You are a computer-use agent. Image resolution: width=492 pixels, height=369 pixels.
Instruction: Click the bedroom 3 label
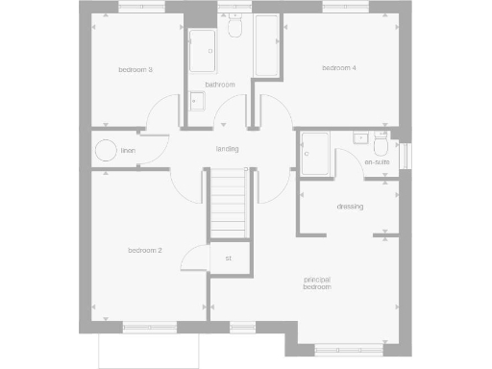click(x=135, y=69)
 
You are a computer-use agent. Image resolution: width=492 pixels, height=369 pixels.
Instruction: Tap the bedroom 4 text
click(x=338, y=68)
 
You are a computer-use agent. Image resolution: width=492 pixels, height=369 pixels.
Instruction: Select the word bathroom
click(x=220, y=85)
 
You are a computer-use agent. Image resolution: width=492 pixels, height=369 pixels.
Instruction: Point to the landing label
click(x=227, y=149)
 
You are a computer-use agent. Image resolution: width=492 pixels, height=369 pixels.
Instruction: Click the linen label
click(x=128, y=151)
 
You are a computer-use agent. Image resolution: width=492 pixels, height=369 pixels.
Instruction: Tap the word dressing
click(x=350, y=207)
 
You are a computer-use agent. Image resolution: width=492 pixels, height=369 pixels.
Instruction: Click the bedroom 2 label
click(x=144, y=251)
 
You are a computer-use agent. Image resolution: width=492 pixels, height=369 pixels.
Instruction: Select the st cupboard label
click(x=229, y=258)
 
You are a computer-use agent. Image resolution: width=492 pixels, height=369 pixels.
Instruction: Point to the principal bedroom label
click(x=317, y=283)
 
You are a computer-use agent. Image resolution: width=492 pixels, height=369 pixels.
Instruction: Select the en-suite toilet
click(x=381, y=148)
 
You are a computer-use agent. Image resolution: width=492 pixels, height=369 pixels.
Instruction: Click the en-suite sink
click(x=360, y=137)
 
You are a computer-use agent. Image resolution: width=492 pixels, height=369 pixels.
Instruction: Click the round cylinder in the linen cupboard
click(x=104, y=151)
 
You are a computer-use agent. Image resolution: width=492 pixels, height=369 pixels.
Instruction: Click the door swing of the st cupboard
click(x=195, y=258)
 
